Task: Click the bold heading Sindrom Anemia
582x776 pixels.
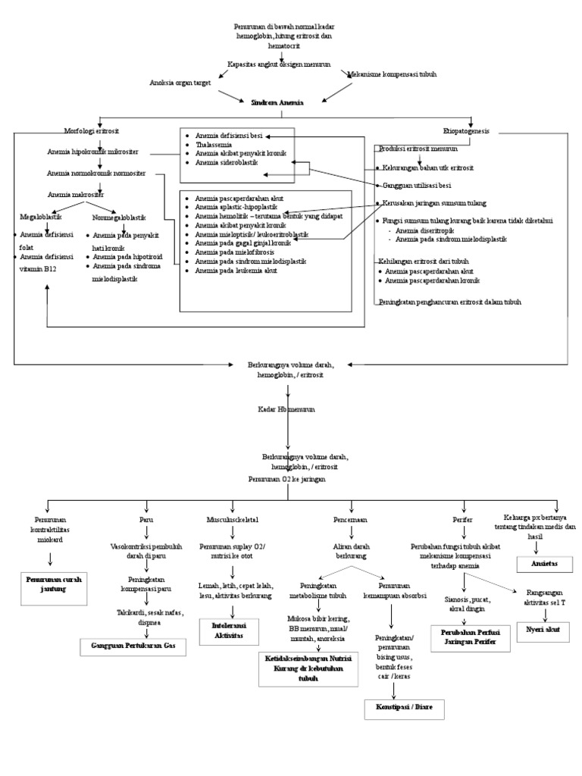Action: (x=277, y=102)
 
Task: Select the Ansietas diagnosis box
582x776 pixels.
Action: (x=545, y=565)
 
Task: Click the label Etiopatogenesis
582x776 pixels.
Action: (x=466, y=130)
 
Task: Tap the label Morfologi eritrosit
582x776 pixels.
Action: (x=91, y=130)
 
